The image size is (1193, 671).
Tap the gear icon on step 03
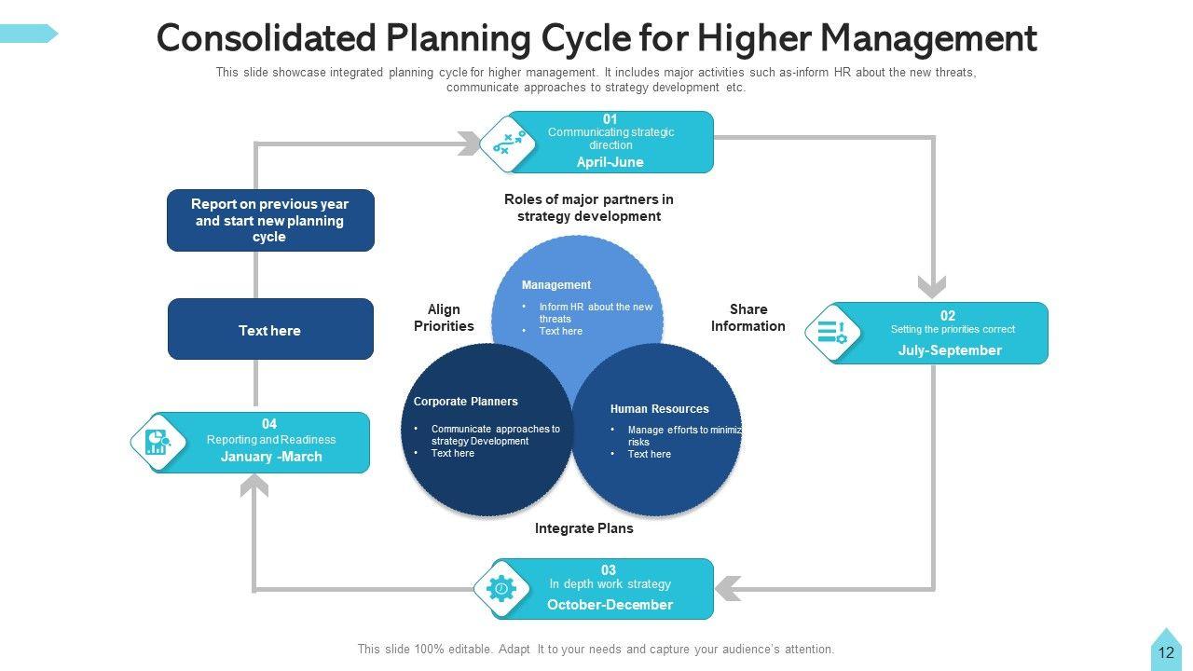[x=501, y=589]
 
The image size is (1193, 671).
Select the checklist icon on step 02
[x=831, y=333]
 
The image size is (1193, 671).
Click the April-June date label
[x=610, y=162]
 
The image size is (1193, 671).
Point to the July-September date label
[x=950, y=350]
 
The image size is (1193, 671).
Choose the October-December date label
[x=610, y=605]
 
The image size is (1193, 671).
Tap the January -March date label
[x=271, y=457]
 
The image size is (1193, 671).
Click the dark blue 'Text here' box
[x=270, y=330]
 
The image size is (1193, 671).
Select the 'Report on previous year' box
[x=270, y=221]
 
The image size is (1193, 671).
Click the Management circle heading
[x=556, y=285]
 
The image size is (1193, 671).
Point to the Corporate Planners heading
[x=465, y=402]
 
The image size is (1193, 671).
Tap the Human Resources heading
[x=659, y=409]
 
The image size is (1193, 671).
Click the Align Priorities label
[x=444, y=318]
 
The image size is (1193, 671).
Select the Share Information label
[x=747, y=318]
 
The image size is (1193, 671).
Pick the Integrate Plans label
[x=583, y=528]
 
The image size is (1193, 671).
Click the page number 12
[x=1166, y=653]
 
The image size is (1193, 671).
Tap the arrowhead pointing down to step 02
[x=932, y=286]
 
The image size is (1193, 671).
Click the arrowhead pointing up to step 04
[x=254, y=485]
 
